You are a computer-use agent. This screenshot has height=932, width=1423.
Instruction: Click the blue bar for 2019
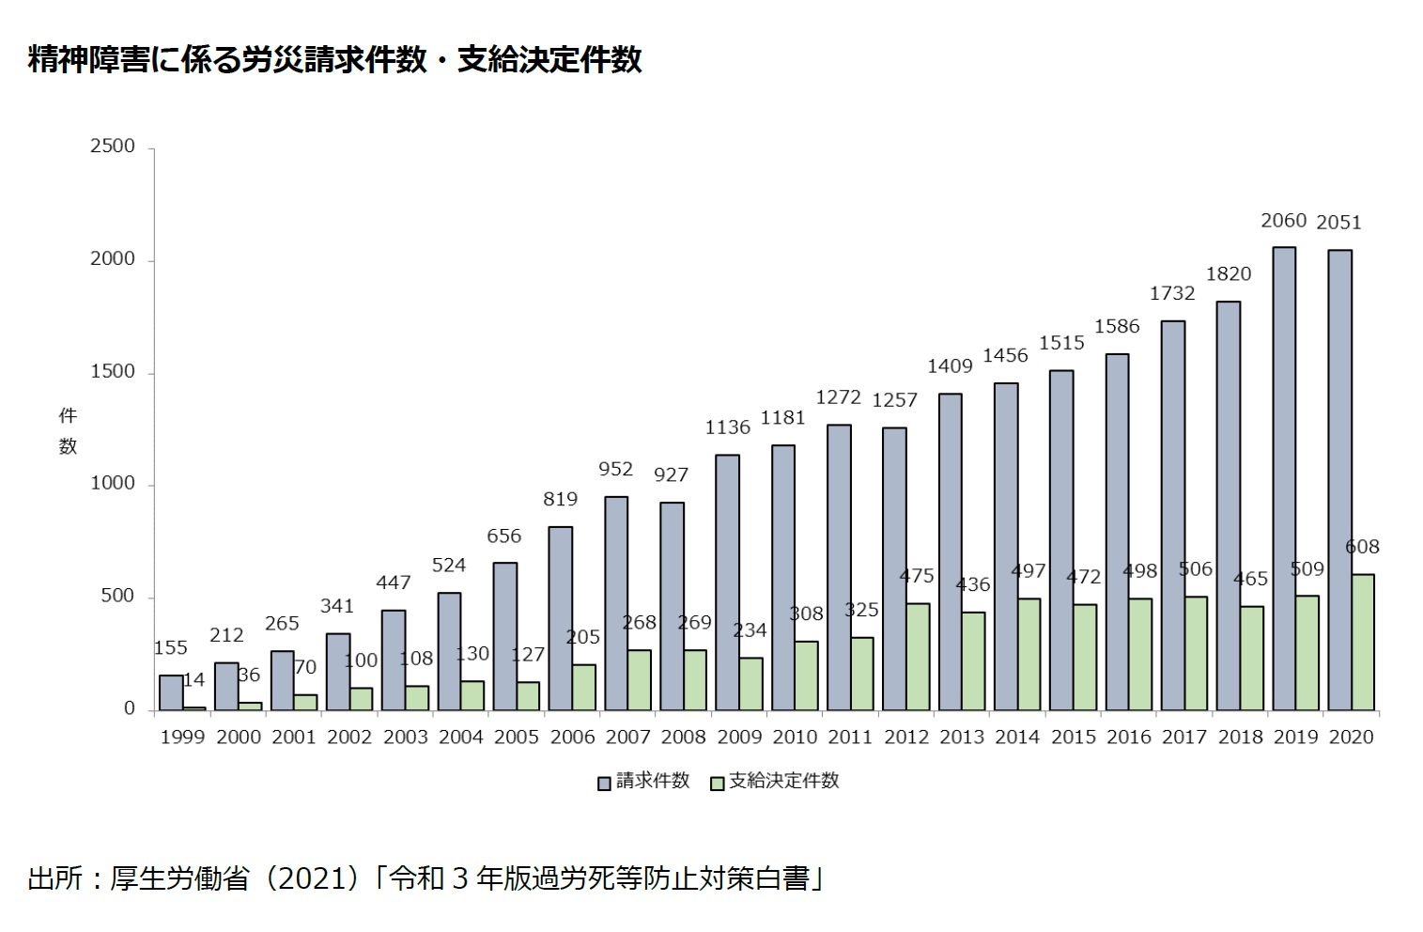coord(1284,478)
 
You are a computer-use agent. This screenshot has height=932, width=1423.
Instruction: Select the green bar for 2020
coord(1363,642)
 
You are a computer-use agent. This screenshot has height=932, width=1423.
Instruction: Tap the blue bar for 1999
coord(171,692)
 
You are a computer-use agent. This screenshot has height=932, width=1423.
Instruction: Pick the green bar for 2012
coord(918,657)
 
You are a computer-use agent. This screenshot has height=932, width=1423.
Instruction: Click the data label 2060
coord(1283,221)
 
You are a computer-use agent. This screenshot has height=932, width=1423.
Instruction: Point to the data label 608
coord(1362,547)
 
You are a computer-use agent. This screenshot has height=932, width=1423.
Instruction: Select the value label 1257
coord(894,400)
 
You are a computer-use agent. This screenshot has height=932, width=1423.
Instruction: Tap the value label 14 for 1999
coord(194,679)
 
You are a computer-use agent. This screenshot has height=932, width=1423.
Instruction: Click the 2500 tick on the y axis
coord(113,147)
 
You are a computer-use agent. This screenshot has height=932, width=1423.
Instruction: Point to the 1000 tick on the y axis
coord(113,484)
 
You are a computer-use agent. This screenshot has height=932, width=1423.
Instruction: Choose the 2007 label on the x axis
coord(628,738)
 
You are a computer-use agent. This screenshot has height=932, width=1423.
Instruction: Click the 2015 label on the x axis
coord(1073,738)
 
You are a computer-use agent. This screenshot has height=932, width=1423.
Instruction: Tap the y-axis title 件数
coord(68,430)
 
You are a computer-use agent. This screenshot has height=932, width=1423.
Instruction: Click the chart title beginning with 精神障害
coord(334,60)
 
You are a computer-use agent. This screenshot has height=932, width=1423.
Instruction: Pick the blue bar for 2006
coord(560,618)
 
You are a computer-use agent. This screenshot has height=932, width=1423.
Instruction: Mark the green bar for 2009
coord(750,684)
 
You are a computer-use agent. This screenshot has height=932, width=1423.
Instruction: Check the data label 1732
coord(1172,294)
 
